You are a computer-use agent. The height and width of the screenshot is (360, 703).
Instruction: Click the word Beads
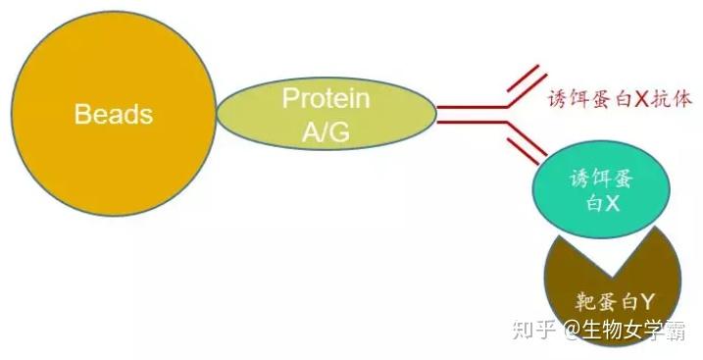coord(114,114)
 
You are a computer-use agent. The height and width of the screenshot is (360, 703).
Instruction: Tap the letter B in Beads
coord(81,114)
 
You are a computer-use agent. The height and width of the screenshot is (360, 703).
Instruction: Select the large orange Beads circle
coord(114,114)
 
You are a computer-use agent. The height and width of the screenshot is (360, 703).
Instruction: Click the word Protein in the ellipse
coord(326,98)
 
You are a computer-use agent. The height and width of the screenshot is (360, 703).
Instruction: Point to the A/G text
coord(326,131)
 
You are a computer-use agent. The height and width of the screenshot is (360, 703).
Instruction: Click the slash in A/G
coord(326,131)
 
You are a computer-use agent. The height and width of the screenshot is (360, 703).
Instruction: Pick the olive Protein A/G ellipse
coord(326,114)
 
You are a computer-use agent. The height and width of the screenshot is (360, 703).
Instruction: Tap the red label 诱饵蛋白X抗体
coord(620,99)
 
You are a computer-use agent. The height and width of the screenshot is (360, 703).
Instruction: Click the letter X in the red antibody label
coord(642,99)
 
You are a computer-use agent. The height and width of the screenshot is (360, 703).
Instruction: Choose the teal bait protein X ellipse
coord(601,189)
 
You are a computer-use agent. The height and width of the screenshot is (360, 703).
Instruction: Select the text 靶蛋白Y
coord(614,302)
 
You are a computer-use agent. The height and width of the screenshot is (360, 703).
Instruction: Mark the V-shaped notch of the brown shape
coord(613,274)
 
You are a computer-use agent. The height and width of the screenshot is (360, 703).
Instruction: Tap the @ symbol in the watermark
coord(573,332)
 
